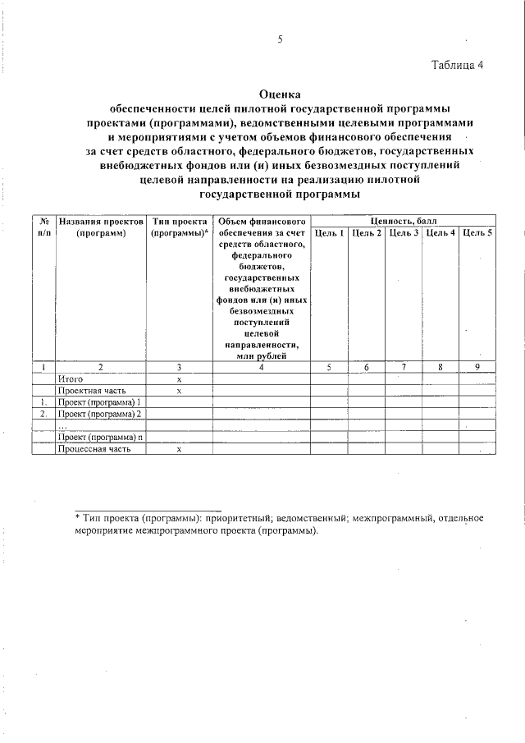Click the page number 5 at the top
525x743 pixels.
[280, 39]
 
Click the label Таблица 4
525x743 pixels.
[459, 66]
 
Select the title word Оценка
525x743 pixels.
[280, 94]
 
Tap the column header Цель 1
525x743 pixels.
[329, 234]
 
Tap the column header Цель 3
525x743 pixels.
[404, 234]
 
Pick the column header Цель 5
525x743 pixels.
[477, 234]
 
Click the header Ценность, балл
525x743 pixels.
[403, 222]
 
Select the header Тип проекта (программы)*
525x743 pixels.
[178, 227]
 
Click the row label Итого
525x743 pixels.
[71, 379]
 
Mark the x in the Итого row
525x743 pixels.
[178, 379]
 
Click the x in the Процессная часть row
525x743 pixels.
[178, 449]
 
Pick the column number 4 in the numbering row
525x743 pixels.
[261, 367]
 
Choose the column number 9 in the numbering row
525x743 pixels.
[477, 367]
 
